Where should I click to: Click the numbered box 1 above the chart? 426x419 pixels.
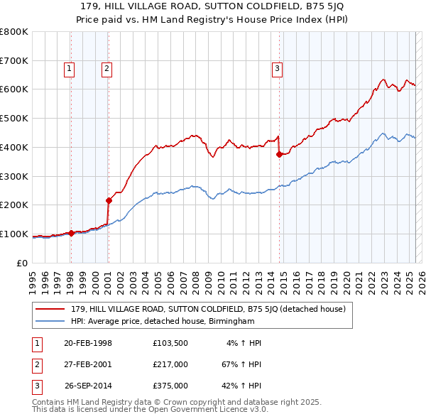pyautogui.click(x=69, y=69)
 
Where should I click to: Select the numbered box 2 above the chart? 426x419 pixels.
pyautogui.click(x=106, y=69)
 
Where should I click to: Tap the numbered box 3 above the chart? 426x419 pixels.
pyautogui.click(x=276, y=69)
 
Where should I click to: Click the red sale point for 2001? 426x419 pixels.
pyautogui.click(x=109, y=200)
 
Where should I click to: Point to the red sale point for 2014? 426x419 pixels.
pyautogui.click(x=279, y=154)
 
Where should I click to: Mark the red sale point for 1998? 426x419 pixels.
pyautogui.click(x=71, y=233)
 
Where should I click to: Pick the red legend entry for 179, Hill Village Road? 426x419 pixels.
pyautogui.click(x=208, y=309)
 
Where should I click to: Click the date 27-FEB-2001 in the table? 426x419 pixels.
pyautogui.click(x=88, y=364)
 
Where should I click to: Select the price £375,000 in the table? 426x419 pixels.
pyautogui.click(x=170, y=386)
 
